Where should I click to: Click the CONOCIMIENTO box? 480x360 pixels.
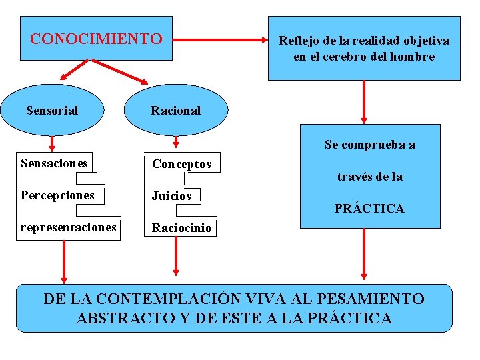(96, 39)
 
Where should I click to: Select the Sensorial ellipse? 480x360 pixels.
(52, 111)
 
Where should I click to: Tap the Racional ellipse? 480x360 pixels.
(175, 111)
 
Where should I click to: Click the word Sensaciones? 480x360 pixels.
(54, 163)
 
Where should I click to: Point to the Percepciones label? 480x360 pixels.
(57, 195)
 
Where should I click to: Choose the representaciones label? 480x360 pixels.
(68, 227)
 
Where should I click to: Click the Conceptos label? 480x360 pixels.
(181, 163)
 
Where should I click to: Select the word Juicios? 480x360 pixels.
(171, 196)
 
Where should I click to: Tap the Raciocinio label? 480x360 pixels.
(181, 228)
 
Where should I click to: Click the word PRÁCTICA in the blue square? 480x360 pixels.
(369, 209)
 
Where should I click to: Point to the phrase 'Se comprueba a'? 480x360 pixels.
(370, 145)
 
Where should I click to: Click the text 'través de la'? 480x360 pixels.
(369, 177)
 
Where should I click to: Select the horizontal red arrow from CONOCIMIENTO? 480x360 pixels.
(220, 40)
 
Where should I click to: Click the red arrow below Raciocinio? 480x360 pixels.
(176, 255)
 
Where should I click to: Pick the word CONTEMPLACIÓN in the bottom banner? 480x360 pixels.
(166, 299)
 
